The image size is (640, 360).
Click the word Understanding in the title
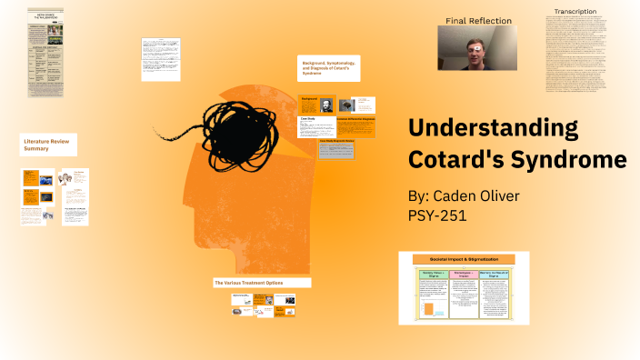492,128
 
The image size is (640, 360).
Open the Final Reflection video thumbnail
477,48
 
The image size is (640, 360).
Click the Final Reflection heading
478,20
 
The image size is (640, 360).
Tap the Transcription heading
575,12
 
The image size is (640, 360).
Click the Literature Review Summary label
47,144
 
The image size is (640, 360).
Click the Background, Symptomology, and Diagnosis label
328,68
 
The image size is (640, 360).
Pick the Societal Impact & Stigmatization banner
464,259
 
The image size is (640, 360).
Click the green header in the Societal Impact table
432,274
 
